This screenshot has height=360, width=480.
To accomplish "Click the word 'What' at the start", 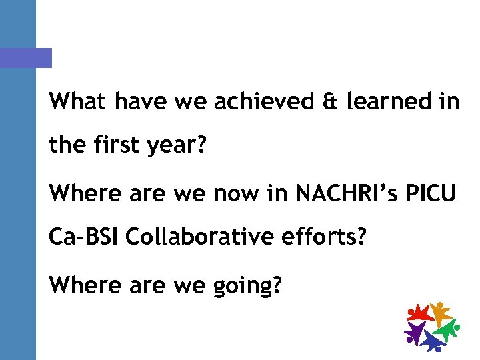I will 77,102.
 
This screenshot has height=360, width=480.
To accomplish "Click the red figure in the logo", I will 419,313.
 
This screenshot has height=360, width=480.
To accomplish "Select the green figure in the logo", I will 446,330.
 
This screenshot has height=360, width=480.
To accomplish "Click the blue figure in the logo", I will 432,341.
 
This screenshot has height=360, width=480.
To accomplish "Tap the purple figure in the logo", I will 414,331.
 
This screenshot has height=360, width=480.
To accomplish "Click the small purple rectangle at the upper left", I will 26,58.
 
